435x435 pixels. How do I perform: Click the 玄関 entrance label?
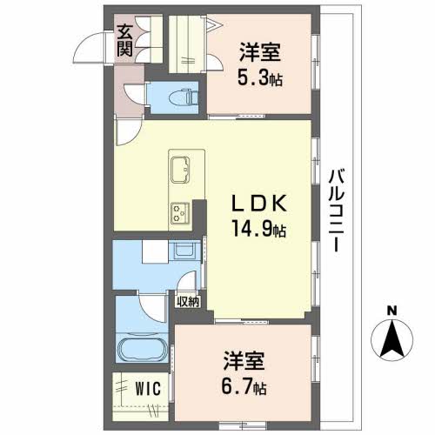(125, 40)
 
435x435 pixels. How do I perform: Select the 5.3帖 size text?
(262, 78)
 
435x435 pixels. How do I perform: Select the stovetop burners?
(182, 210)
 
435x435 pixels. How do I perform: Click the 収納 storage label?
(189, 302)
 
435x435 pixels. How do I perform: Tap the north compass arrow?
(392, 337)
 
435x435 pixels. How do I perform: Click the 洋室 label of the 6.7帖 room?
(243, 359)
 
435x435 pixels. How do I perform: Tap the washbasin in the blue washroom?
(184, 252)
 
